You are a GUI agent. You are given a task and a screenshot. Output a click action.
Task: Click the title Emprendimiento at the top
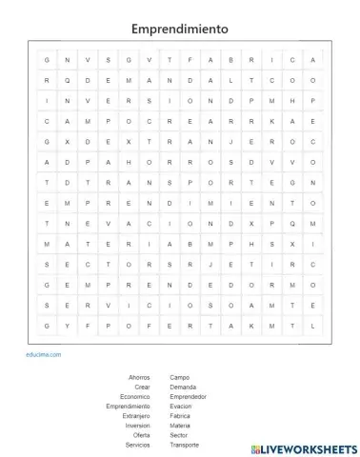179,29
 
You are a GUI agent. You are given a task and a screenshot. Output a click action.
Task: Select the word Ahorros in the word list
139,377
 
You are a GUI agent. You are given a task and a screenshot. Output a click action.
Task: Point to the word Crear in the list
142,387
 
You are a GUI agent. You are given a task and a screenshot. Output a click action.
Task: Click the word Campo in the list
179,377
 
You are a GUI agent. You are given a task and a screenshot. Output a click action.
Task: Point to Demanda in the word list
182,387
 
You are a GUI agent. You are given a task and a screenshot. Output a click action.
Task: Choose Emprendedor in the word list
188,396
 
